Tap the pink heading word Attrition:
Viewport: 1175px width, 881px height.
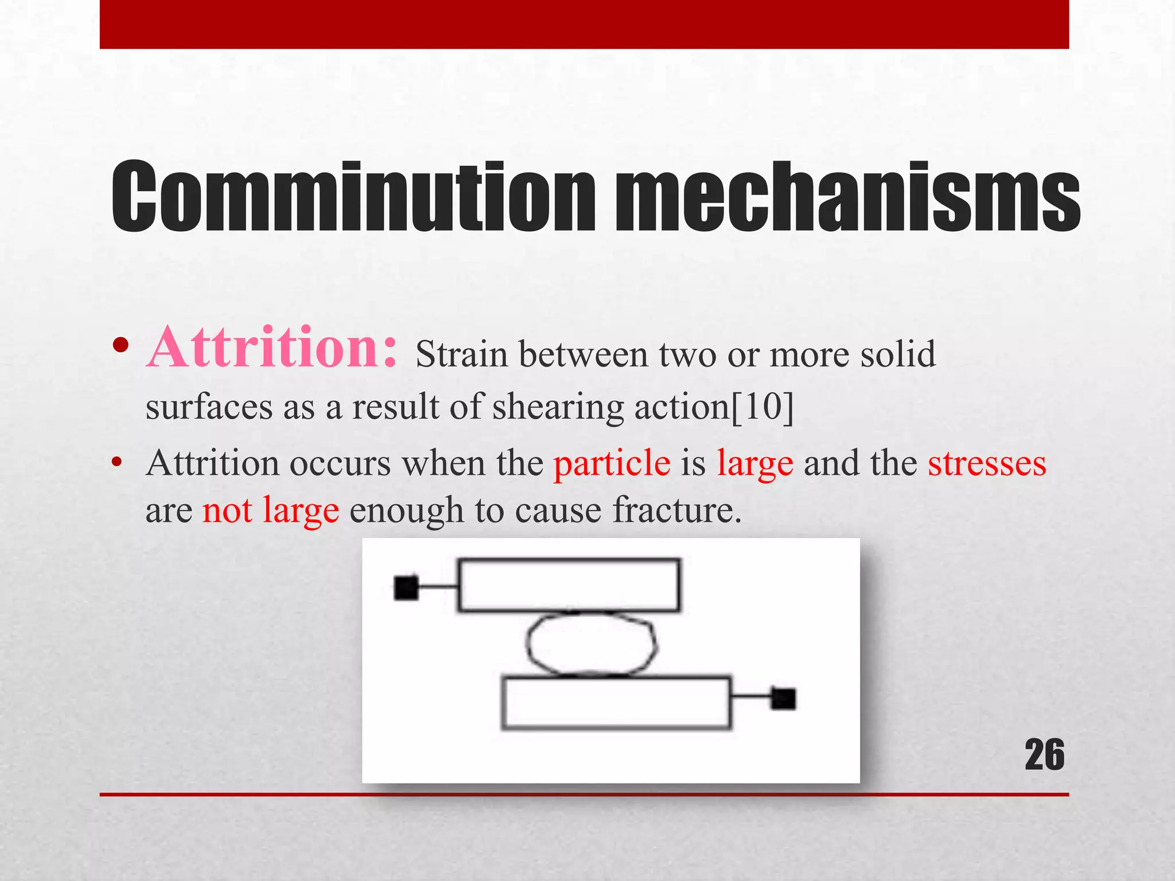coord(271,348)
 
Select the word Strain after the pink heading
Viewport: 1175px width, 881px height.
coord(462,354)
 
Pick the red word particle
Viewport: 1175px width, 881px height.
coord(612,463)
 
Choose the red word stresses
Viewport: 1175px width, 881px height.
coord(987,463)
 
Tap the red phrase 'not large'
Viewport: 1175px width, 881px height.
coord(271,510)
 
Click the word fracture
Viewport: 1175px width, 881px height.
coord(677,510)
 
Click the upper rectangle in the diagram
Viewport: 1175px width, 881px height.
coord(569,585)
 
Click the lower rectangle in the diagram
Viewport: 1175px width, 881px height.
coord(616,703)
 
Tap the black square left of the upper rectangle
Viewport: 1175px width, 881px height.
coord(406,588)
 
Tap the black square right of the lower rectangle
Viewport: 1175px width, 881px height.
coord(783,699)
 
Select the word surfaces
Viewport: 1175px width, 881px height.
coord(209,407)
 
